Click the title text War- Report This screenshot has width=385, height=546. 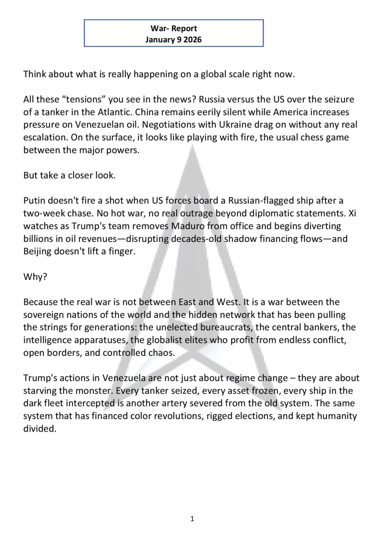point(173,29)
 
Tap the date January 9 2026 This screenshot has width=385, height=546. point(173,40)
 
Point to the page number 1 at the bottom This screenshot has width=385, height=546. point(192,519)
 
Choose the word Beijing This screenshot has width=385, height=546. point(37,251)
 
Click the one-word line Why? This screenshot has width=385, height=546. point(35,276)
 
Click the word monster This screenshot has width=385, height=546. point(96,391)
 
